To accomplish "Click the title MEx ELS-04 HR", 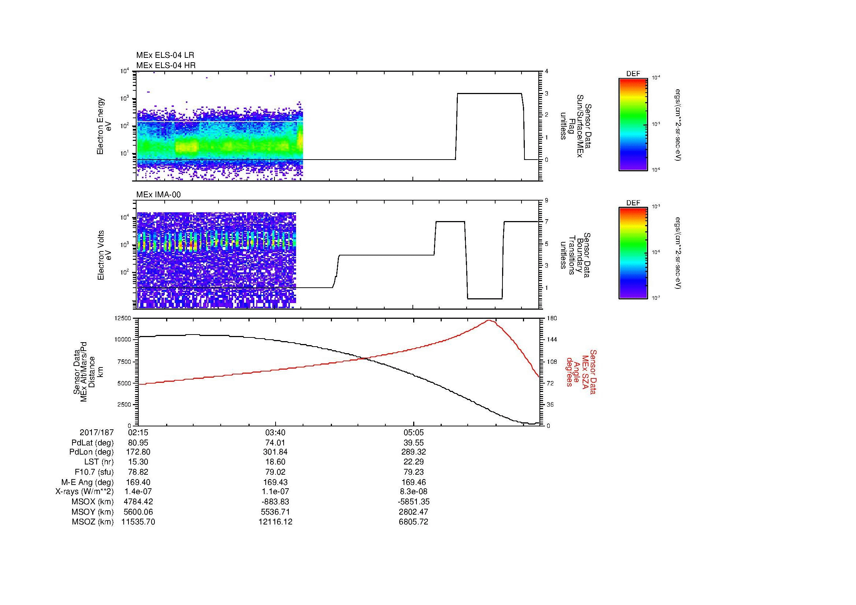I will click(165, 65).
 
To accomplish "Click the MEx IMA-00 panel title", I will click(158, 195).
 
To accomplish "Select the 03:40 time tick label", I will click(275, 433).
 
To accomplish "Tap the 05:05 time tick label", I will click(414, 433).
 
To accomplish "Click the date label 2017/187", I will click(97, 433).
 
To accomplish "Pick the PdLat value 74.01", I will click(275, 443).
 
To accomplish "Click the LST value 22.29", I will click(414, 462).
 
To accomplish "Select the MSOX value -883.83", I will click(275, 502).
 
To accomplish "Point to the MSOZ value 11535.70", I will click(138, 522).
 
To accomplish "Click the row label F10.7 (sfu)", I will click(94, 472).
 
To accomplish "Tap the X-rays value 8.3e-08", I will click(414, 492).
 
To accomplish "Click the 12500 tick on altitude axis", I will click(123, 318).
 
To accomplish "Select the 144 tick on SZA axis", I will click(552, 340).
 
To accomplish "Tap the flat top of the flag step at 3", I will click(489, 94).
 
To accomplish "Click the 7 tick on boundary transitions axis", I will click(546, 222).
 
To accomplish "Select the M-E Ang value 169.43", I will click(275, 482).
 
